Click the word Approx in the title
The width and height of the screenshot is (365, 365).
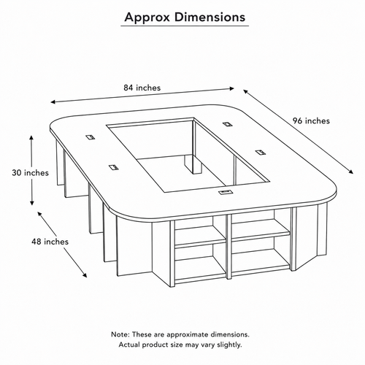click(x=147, y=18)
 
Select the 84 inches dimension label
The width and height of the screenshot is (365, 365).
click(x=142, y=88)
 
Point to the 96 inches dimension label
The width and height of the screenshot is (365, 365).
click(x=311, y=120)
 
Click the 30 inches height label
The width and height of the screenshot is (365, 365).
click(x=31, y=173)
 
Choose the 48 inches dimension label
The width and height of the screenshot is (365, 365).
click(x=50, y=242)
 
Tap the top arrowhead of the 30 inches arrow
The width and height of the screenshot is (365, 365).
click(x=31, y=138)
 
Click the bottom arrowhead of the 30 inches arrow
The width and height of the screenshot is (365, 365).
click(x=31, y=203)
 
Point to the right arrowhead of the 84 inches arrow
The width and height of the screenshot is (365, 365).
click(x=231, y=88)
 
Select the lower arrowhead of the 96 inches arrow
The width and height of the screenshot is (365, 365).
click(x=351, y=172)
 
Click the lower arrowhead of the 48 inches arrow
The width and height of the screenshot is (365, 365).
click(x=85, y=275)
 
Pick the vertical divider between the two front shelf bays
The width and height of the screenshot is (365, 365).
click(x=229, y=247)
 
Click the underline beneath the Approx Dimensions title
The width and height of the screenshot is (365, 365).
click(x=185, y=26)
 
